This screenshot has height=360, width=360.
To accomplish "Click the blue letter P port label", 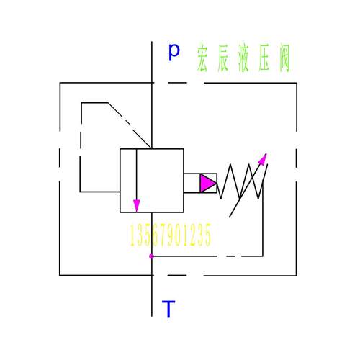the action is pos(174,53).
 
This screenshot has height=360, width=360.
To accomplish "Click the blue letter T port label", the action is pos(168,309).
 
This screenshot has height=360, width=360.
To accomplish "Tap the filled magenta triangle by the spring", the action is pos(208,183).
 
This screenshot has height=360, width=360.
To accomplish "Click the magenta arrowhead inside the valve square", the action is pos(137,205).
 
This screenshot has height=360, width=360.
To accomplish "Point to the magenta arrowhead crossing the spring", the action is pos(263,159).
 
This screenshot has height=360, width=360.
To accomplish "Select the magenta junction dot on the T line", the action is pos(151,256).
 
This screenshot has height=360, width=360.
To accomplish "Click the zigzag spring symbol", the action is pos(243,181).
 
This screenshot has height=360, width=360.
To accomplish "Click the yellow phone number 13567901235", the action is pos(171,235).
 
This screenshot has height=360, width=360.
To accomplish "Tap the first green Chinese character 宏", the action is pos(202,58).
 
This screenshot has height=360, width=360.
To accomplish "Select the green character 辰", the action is pos(222,58).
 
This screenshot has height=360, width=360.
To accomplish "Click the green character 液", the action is pos(243,58).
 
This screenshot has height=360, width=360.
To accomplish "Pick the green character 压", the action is pos(264,58).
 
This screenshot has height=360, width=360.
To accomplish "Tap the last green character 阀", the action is pos(284,58).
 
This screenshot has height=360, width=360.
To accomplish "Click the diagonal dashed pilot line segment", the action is pos(130,125).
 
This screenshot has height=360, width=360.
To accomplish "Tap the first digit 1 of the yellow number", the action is pos(132,235).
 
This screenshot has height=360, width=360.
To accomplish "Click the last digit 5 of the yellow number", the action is pos(207,235).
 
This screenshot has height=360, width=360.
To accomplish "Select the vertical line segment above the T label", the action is pos(152,296).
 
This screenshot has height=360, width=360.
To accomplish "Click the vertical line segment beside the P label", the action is pos(152,62).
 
